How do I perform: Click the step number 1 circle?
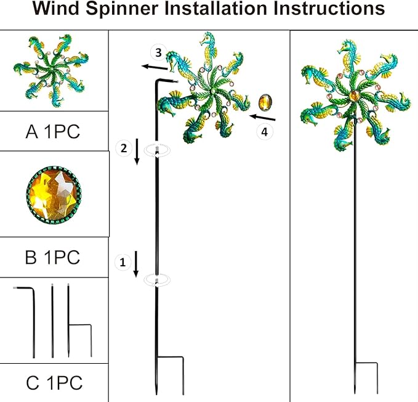pyautogui.click(x=122, y=262)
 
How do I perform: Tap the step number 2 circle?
pyautogui.click(x=123, y=148)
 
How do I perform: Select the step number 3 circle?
pyautogui.click(x=158, y=53)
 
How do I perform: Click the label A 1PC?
pyautogui.click(x=54, y=131)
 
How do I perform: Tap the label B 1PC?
pyautogui.click(x=53, y=256)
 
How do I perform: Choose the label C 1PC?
pyautogui.click(x=54, y=382)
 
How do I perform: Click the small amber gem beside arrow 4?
pyautogui.click(x=266, y=101)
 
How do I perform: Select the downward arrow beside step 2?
pyautogui.click(x=137, y=152)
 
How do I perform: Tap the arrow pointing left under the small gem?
pyautogui.click(x=263, y=117)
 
